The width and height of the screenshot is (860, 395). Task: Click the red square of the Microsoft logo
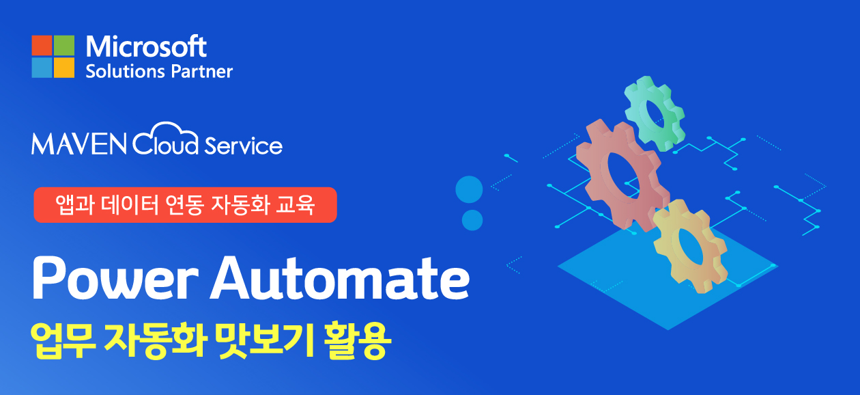(x=42, y=45)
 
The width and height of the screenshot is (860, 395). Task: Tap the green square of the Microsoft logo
(x=64, y=45)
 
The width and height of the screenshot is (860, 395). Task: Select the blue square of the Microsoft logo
(x=42, y=68)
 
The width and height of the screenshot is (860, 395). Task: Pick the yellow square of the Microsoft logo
(x=64, y=68)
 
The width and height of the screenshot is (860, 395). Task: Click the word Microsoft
(x=146, y=46)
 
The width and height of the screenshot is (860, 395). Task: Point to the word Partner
(x=202, y=72)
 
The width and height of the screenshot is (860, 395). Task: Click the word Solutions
(x=125, y=72)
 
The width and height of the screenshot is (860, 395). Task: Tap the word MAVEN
(x=79, y=144)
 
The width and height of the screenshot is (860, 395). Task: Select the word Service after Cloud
(x=244, y=146)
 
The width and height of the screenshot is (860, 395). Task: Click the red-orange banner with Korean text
(x=186, y=205)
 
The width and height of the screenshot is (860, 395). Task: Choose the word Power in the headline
(x=115, y=277)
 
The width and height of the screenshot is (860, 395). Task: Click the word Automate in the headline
(x=340, y=277)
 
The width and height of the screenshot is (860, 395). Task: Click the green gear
(x=655, y=113)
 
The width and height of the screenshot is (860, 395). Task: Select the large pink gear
(x=622, y=175)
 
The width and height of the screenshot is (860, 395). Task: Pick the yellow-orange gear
(x=690, y=246)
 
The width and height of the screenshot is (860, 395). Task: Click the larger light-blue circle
(x=469, y=189)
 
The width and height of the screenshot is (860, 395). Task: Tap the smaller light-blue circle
(x=472, y=220)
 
